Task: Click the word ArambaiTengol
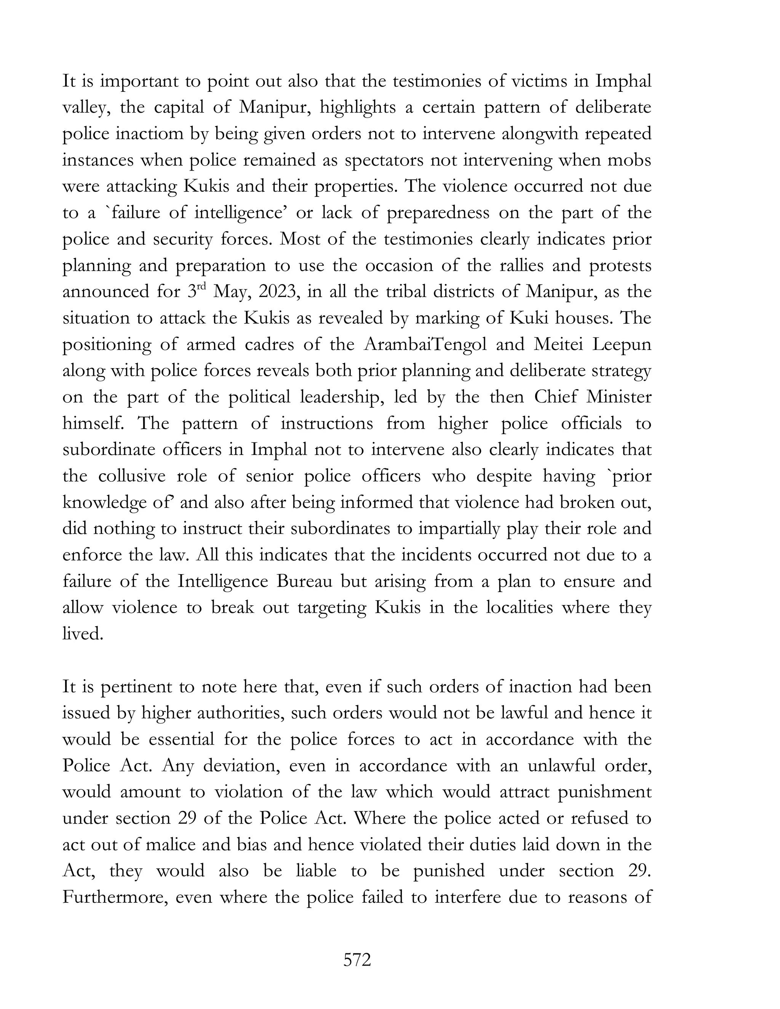coord(425,345)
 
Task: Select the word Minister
coord(619,397)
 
